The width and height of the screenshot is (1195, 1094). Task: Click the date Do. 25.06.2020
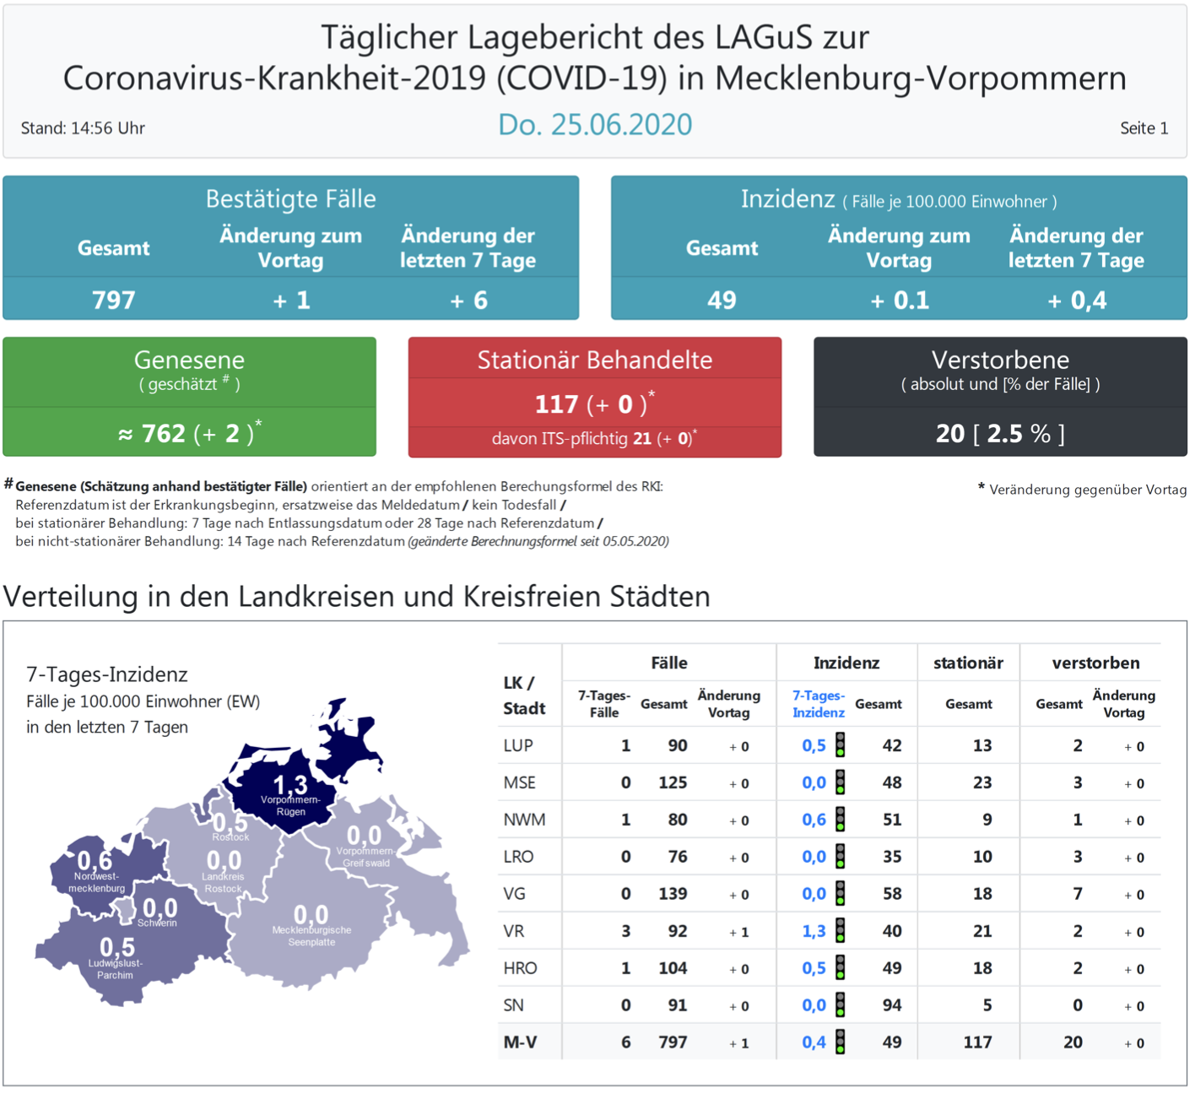click(x=595, y=125)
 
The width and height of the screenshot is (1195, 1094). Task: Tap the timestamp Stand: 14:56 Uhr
click(x=83, y=128)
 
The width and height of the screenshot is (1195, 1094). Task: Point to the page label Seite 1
click(x=1144, y=128)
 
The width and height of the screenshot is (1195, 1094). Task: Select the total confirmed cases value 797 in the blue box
click(x=114, y=301)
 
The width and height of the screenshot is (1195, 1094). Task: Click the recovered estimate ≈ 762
click(x=152, y=434)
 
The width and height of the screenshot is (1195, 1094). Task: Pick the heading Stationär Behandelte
click(x=595, y=360)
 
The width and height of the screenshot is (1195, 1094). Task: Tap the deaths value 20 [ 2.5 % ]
click(x=1000, y=434)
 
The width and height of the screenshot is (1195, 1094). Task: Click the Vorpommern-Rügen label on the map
click(x=290, y=805)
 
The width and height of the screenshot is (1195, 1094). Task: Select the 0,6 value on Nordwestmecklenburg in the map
click(x=95, y=861)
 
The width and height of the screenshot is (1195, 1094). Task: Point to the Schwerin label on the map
click(x=157, y=923)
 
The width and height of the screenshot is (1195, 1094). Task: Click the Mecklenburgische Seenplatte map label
click(x=311, y=935)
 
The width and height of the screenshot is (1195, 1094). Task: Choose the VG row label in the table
click(x=515, y=894)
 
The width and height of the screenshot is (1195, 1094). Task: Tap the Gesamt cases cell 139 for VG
click(x=673, y=894)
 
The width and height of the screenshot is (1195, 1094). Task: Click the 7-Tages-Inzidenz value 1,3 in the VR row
click(x=814, y=931)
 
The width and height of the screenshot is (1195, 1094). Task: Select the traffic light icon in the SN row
click(x=841, y=1005)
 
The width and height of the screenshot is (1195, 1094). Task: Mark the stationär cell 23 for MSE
click(x=982, y=783)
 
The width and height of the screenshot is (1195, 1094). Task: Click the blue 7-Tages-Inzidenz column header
click(x=818, y=704)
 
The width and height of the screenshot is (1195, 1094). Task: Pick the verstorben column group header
click(x=1095, y=663)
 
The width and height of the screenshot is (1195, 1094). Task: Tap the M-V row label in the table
click(x=520, y=1043)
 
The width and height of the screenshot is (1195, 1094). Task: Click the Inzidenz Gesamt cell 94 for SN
click(x=892, y=1005)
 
